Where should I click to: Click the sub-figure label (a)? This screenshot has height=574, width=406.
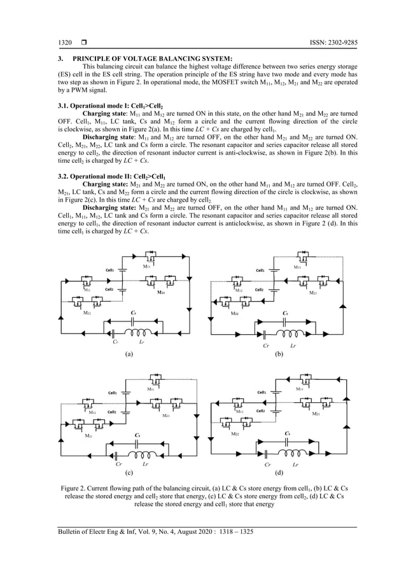pyautogui.click(x=129, y=354)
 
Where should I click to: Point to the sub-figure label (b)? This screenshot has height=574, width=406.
pyautogui.click(x=278, y=354)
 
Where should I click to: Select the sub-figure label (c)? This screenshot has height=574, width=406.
pyautogui.click(x=129, y=474)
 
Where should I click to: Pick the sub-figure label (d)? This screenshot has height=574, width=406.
pyautogui.click(x=278, y=474)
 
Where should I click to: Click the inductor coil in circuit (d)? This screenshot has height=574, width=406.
pyautogui.click(x=293, y=452)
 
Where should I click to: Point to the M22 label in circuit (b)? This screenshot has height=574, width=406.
pyautogui.click(x=235, y=314)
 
